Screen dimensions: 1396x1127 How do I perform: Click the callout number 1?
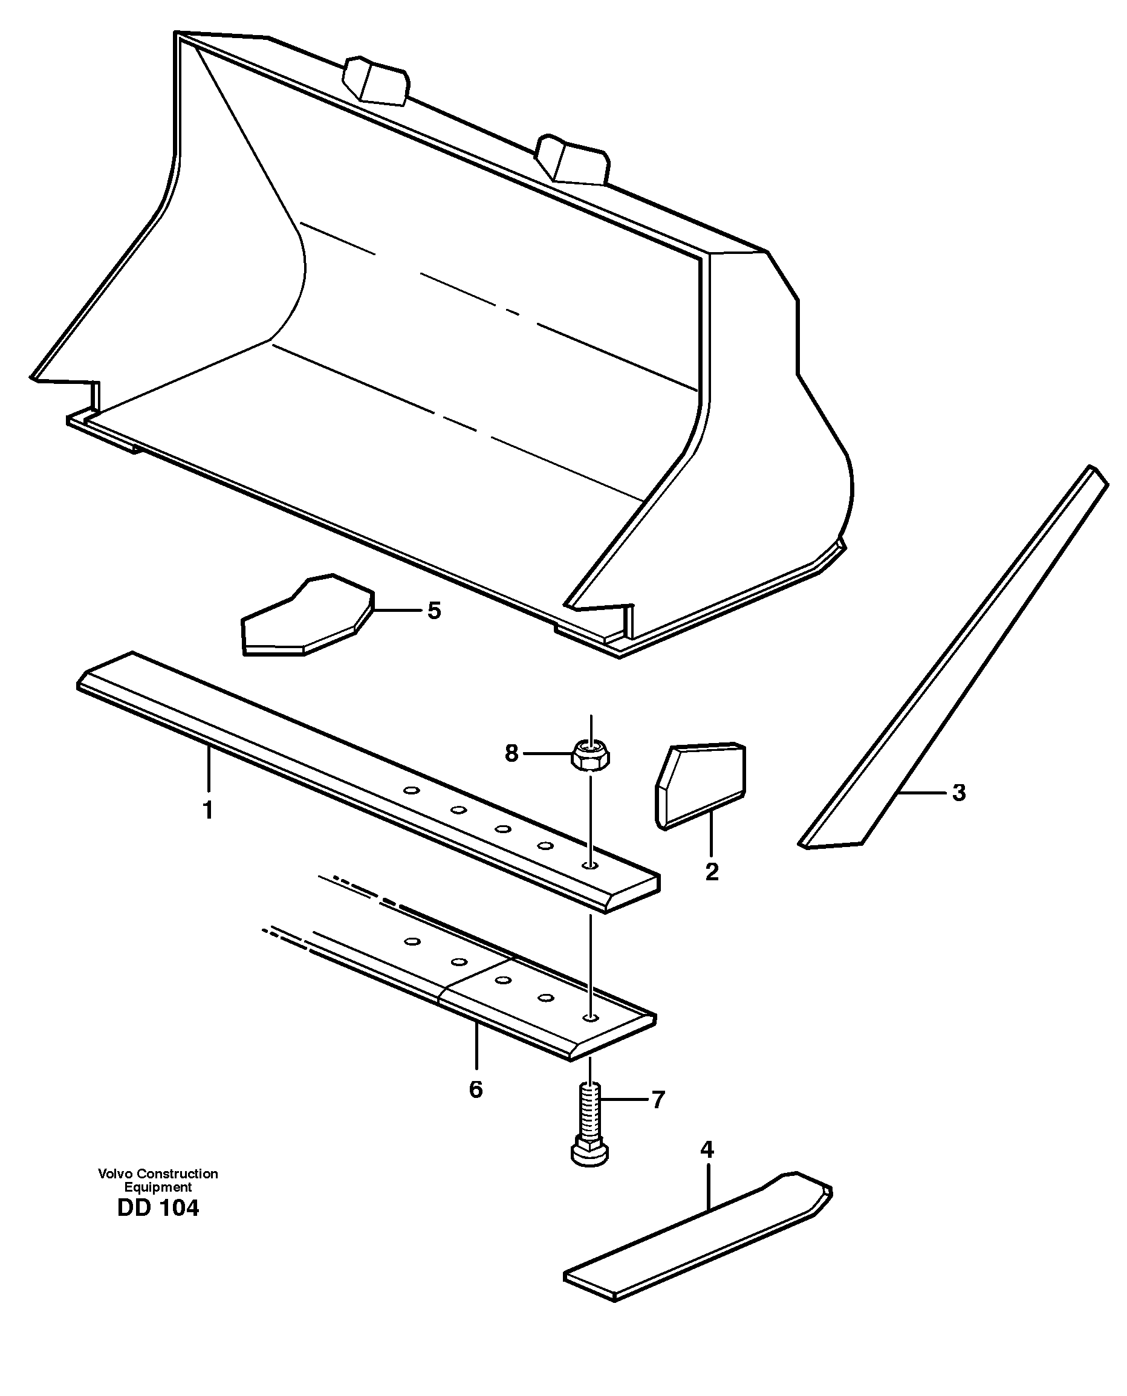(x=208, y=810)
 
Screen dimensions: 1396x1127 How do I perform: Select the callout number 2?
(x=712, y=872)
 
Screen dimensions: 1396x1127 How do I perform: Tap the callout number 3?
(x=959, y=793)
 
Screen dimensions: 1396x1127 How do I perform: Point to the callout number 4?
(x=707, y=1167)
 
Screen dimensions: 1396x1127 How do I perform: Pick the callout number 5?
(x=434, y=611)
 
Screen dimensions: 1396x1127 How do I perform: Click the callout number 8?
(x=512, y=753)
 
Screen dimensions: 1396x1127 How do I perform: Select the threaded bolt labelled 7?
(x=590, y=1123)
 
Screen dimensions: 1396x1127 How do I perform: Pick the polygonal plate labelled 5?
(x=305, y=617)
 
